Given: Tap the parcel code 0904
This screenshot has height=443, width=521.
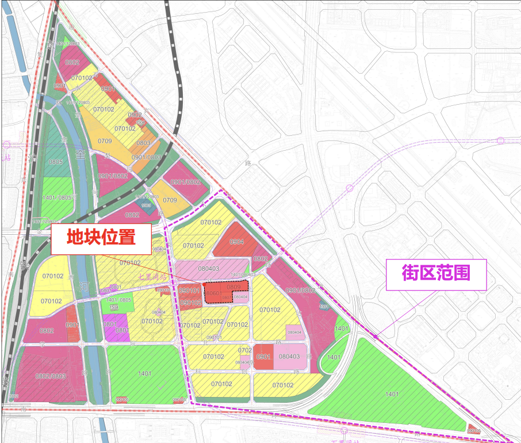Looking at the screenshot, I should pyautogui.click(x=237, y=242).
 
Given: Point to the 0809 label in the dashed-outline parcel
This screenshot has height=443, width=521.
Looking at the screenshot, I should pyautogui.click(x=233, y=286).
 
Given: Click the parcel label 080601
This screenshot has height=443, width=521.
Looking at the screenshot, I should pyautogui.click(x=213, y=293).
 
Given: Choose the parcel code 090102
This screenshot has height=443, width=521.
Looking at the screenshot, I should pyautogui.click(x=190, y=303).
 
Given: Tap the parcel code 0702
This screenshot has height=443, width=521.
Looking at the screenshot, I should pyautogui.click(x=245, y=350).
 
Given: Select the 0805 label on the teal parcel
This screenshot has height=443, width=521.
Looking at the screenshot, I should pyautogui.click(x=56, y=162).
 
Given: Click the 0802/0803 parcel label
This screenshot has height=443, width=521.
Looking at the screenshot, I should pyautogui.click(x=51, y=376).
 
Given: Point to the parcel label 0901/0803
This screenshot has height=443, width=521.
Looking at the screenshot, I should pyautogui.click(x=146, y=157).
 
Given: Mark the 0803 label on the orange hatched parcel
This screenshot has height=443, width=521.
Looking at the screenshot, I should pyautogui.click(x=143, y=143).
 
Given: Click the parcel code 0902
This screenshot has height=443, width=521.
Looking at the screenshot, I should pyautogui.click(x=135, y=114).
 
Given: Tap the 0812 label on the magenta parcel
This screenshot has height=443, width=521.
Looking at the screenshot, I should pyautogui.click(x=132, y=215).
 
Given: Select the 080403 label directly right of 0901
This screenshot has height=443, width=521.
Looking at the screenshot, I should pyautogui.click(x=289, y=357).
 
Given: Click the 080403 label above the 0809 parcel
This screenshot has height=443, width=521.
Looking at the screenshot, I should pyautogui.click(x=208, y=268).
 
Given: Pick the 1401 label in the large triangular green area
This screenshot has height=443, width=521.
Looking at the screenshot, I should pyautogui.click(x=392, y=394).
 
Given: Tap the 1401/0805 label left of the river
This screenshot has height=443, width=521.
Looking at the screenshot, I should pyautogui.click(x=58, y=197).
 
